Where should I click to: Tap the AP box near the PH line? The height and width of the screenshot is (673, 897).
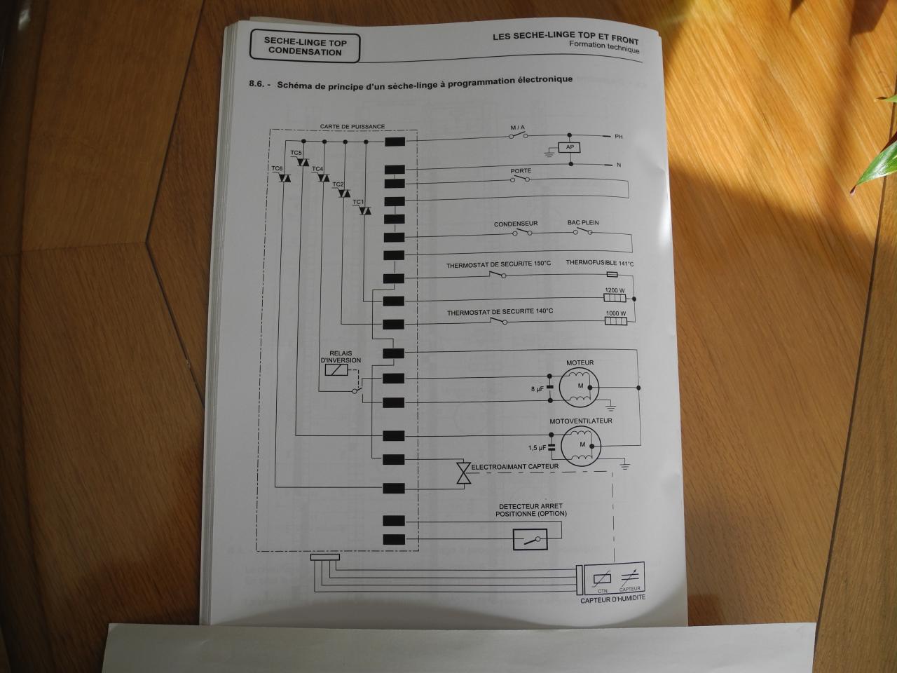click(570, 147)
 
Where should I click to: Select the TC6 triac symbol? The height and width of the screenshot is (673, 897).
click(285, 179)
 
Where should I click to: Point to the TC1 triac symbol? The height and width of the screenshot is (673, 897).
click(364, 211)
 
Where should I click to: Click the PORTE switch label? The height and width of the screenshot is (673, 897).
click(521, 171)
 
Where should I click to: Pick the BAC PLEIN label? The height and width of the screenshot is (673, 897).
click(583, 224)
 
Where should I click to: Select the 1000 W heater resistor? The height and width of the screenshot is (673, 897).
click(616, 322)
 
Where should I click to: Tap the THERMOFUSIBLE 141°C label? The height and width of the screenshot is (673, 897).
click(600, 264)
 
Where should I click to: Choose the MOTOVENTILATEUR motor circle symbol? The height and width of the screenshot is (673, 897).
click(582, 444)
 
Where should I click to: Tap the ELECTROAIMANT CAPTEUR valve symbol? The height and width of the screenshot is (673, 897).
click(463, 473)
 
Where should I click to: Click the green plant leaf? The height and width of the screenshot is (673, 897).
click(878, 165)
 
